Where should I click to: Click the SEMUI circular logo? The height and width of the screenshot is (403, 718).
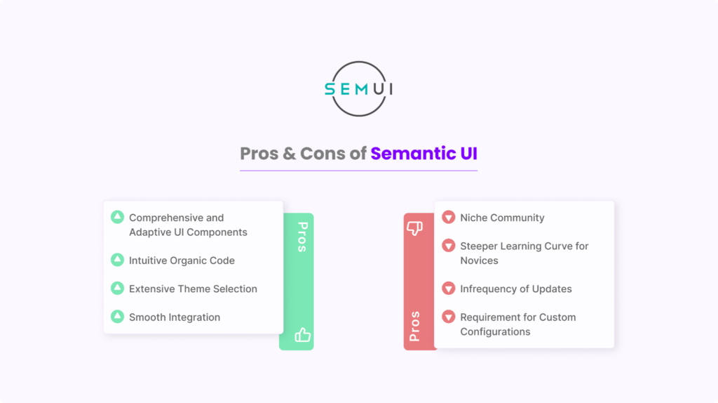pyautogui.click(x=358, y=88)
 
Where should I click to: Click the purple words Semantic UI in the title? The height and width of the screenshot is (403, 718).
pyautogui.click(x=424, y=154)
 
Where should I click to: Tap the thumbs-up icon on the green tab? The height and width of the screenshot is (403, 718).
pyautogui.click(x=302, y=335)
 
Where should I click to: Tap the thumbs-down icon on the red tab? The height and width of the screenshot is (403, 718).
pyautogui.click(x=415, y=228)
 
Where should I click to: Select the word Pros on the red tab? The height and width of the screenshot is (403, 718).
pyautogui.click(x=414, y=326)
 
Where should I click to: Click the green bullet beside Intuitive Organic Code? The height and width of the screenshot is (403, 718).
pyautogui.click(x=117, y=260)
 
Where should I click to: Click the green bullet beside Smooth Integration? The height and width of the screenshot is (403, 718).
pyautogui.click(x=117, y=317)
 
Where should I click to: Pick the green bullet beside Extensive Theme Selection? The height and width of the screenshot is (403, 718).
pyautogui.click(x=117, y=288)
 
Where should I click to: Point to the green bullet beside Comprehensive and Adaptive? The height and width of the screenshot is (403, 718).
pyautogui.click(x=117, y=217)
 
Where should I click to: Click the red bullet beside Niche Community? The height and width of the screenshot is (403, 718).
pyautogui.click(x=448, y=218)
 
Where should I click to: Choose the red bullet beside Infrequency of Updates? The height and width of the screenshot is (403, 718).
pyautogui.click(x=448, y=289)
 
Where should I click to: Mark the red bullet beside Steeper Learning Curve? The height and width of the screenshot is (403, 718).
pyautogui.click(x=448, y=246)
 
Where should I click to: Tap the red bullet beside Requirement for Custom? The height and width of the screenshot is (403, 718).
pyautogui.click(x=448, y=317)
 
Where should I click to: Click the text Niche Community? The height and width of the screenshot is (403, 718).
pyautogui.click(x=502, y=218)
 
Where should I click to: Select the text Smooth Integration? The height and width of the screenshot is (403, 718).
pyautogui.click(x=175, y=317)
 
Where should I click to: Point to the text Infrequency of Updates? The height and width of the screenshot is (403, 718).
pyautogui.click(x=516, y=289)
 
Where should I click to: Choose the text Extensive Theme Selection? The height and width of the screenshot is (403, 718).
pyautogui.click(x=194, y=289)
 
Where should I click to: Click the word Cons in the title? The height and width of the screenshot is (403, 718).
pyautogui.click(x=323, y=154)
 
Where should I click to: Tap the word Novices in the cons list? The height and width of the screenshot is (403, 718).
pyautogui.click(x=479, y=260)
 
